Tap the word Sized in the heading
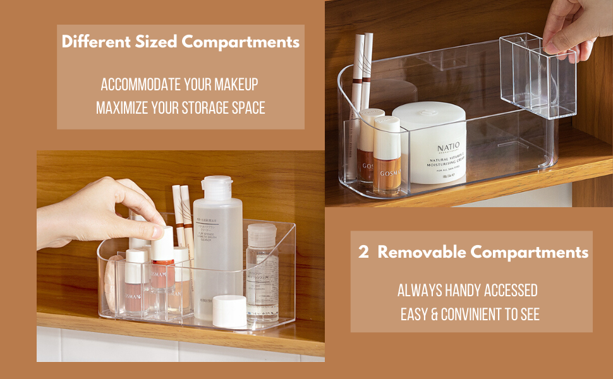(x=157, y=42)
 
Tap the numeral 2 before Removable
(x=363, y=253)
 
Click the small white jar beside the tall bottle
(x=229, y=311)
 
